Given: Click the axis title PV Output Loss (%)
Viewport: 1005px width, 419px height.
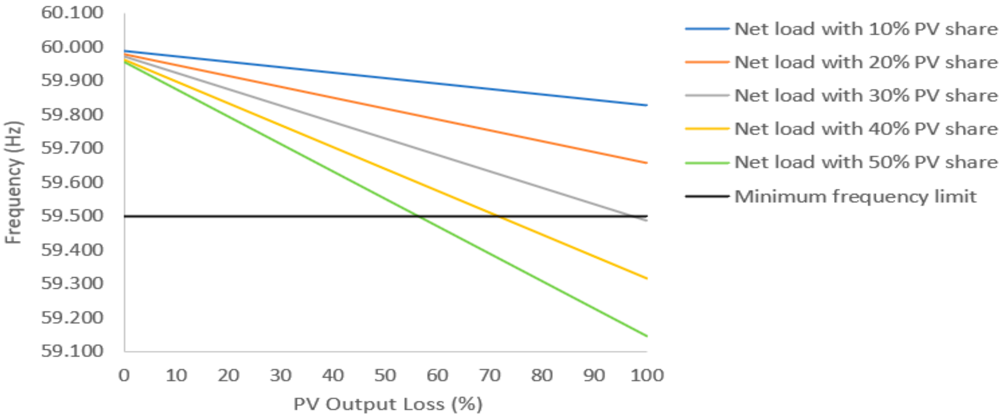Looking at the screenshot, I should click(388, 404).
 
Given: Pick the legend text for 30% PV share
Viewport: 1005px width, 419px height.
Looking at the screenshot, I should click(866, 96).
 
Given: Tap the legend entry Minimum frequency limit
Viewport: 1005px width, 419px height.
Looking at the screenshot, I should click(855, 196).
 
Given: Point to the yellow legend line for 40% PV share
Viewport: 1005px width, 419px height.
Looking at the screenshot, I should click(707, 129).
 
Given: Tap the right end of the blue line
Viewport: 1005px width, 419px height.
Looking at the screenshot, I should click(646, 105).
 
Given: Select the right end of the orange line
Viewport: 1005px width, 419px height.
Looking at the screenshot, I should click(646, 163).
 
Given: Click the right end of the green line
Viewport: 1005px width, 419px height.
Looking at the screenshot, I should click(646, 336).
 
